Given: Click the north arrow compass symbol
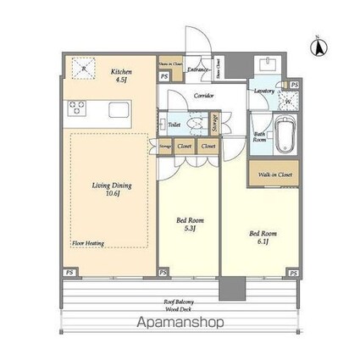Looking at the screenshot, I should coord(320,47).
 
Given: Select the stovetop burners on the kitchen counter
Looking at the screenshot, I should coord(77,108).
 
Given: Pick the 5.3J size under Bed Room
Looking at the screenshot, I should coord(188,229).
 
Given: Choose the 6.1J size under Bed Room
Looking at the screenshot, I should coord(260,239).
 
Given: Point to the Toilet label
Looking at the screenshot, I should coord(174,125).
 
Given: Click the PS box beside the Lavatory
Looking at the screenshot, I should coord(293,85).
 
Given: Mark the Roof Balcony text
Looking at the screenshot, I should coord(179,302).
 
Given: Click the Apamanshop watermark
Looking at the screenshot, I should coord(180,323).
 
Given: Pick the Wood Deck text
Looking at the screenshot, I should coord(179,309).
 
